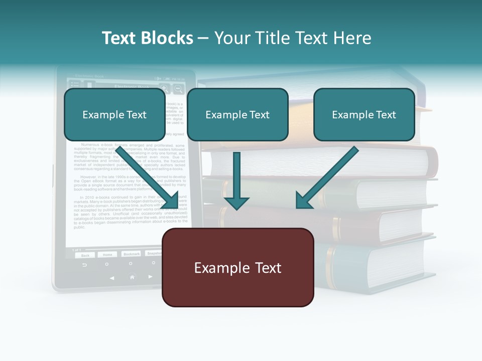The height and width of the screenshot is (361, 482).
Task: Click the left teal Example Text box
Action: [114, 114]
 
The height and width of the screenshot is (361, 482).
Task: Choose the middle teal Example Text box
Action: [237, 114]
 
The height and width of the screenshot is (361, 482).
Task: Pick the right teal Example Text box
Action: [364, 114]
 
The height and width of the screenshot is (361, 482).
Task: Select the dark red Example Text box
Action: [238, 268]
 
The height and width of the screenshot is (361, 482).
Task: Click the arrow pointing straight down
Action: [236, 180]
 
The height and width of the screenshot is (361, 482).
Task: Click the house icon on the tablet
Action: [132, 277]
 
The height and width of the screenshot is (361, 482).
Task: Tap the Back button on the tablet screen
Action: [85, 255]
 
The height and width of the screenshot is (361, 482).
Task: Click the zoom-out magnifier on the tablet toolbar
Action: [178, 89]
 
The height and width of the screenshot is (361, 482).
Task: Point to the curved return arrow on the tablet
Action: [84, 264]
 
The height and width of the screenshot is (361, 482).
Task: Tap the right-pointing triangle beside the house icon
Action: [151, 277]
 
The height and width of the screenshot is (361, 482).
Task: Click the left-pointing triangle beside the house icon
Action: [112, 277]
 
